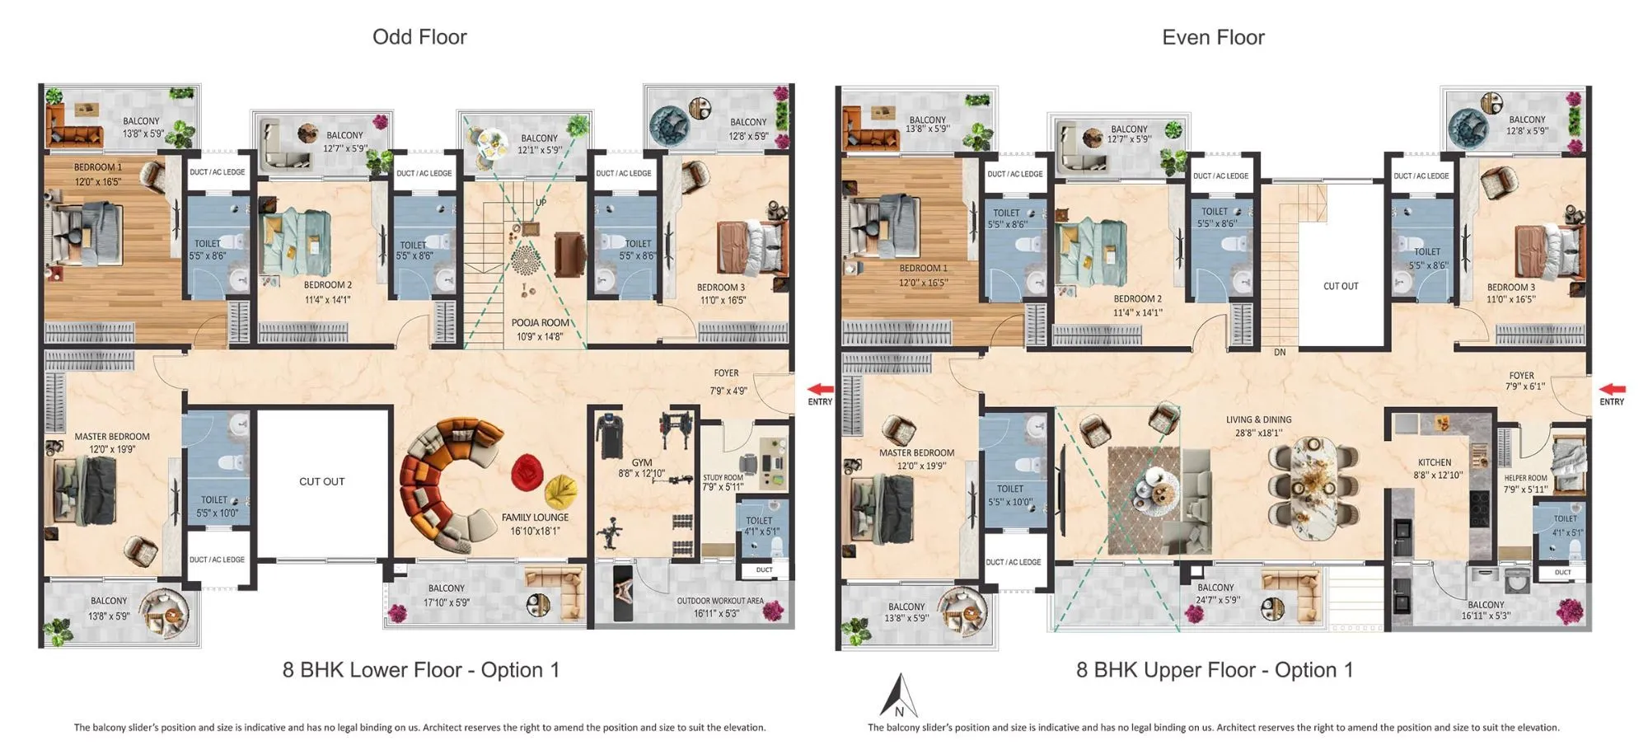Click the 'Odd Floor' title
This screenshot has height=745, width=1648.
[x=419, y=37]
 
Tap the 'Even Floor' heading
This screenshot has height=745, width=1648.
[x=1212, y=37]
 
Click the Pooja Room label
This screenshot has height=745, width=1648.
[x=540, y=323]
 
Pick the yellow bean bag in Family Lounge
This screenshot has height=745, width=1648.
[x=561, y=492]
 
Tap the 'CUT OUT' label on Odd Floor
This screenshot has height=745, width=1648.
[x=321, y=481]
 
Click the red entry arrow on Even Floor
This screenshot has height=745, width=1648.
[x=1613, y=389]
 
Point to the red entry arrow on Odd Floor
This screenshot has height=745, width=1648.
[x=820, y=389]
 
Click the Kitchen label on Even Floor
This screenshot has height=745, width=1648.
[x=1435, y=462]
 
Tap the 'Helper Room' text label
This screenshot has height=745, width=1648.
[x=1525, y=478]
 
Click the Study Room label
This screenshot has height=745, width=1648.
[x=723, y=478]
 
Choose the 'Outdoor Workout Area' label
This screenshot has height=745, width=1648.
[x=720, y=601]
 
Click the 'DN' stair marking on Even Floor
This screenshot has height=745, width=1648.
[x=1280, y=353]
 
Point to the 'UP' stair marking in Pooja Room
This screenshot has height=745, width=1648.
[x=541, y=203]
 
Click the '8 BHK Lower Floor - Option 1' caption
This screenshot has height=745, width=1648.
[x=420, y=670]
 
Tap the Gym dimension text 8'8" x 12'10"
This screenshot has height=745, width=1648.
[x=641, y=474]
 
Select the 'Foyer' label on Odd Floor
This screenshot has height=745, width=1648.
[x=726, y=373]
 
